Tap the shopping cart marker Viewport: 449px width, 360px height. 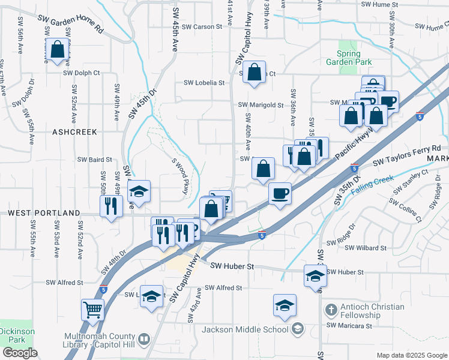coord(93,311)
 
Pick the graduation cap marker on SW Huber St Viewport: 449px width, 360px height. coord(315,276)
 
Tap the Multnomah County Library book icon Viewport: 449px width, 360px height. coord(144,340)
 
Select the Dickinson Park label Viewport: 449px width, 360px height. coord(17,335)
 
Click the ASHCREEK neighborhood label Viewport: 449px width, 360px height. coord(75,131)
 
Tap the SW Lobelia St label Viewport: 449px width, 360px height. coord(203,83)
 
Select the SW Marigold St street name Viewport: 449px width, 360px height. coord(260,105)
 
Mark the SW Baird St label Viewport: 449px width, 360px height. coord(95,160)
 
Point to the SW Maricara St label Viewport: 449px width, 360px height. coord(349,325)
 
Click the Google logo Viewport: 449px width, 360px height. coord(19,353)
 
